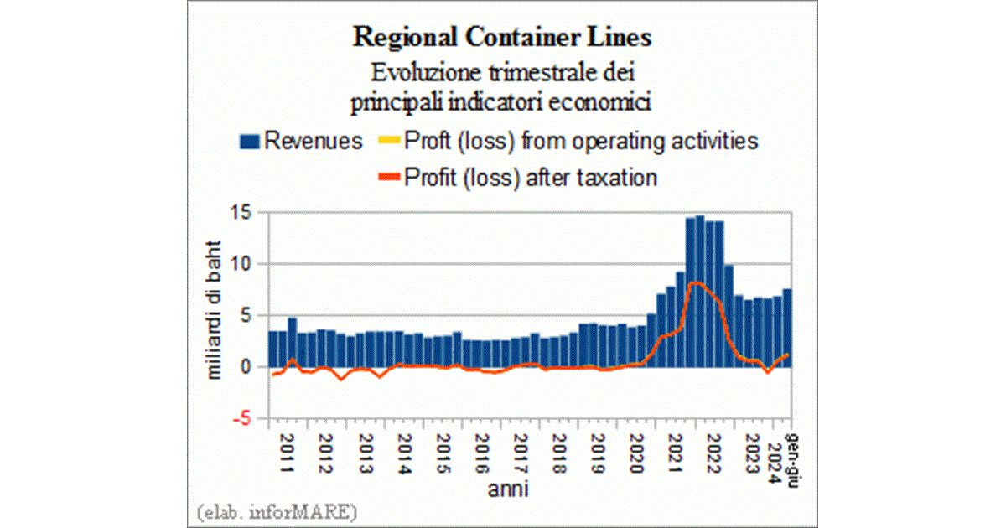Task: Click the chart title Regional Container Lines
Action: click(502, 38)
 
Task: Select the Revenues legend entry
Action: click(301, 141)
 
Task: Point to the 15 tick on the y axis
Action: click(241, 212)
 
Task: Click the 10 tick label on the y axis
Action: click(241, 264)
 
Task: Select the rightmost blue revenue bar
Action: click(787, 327)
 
